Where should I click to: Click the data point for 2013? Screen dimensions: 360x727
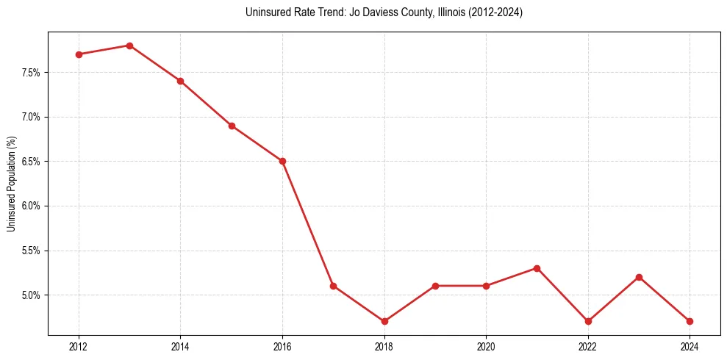(129, 46)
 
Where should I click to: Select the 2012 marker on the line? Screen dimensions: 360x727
(79, 54)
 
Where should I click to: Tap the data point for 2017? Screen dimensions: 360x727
(333, 286)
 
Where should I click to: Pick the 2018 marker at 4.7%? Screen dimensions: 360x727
(384, 321)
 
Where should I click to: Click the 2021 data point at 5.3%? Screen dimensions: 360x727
(537, 268)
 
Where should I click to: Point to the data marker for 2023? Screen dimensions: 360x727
(639, 277)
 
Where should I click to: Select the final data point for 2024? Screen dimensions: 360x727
(690, 321)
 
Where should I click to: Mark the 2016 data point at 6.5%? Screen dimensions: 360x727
(282, 161)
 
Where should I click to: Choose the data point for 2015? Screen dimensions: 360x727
(232, 126)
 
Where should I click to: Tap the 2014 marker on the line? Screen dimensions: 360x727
(180, 81)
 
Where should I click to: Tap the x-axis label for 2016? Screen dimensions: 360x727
(282, 346)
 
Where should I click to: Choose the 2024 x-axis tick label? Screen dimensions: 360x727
(690, 346)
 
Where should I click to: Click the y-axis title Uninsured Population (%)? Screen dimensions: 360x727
(11, 184)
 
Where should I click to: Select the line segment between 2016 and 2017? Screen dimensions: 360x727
(307, 223)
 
